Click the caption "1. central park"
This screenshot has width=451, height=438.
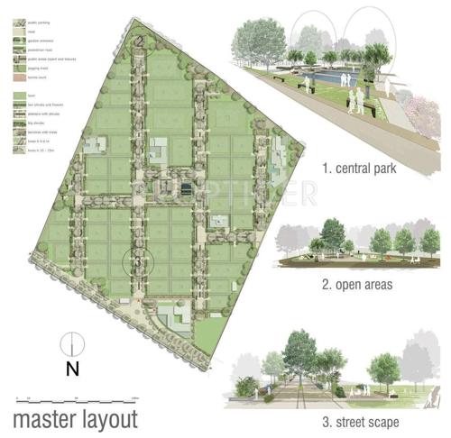(x=361, y=168)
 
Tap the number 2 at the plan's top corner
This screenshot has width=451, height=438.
(x=141, y=41)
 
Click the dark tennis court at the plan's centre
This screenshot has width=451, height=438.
(x=186, y=189)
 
